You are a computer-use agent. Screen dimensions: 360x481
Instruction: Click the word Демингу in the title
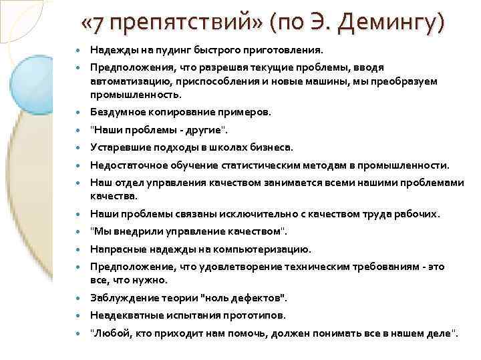[x=391, y=25]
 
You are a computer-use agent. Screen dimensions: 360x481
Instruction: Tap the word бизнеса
[x=273, y=147]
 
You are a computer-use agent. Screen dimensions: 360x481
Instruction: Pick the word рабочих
[x=416, y=214]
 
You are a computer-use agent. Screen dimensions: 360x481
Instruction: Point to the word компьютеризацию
[x=263, y=249]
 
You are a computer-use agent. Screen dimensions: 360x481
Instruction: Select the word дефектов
[x=257, y=298]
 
